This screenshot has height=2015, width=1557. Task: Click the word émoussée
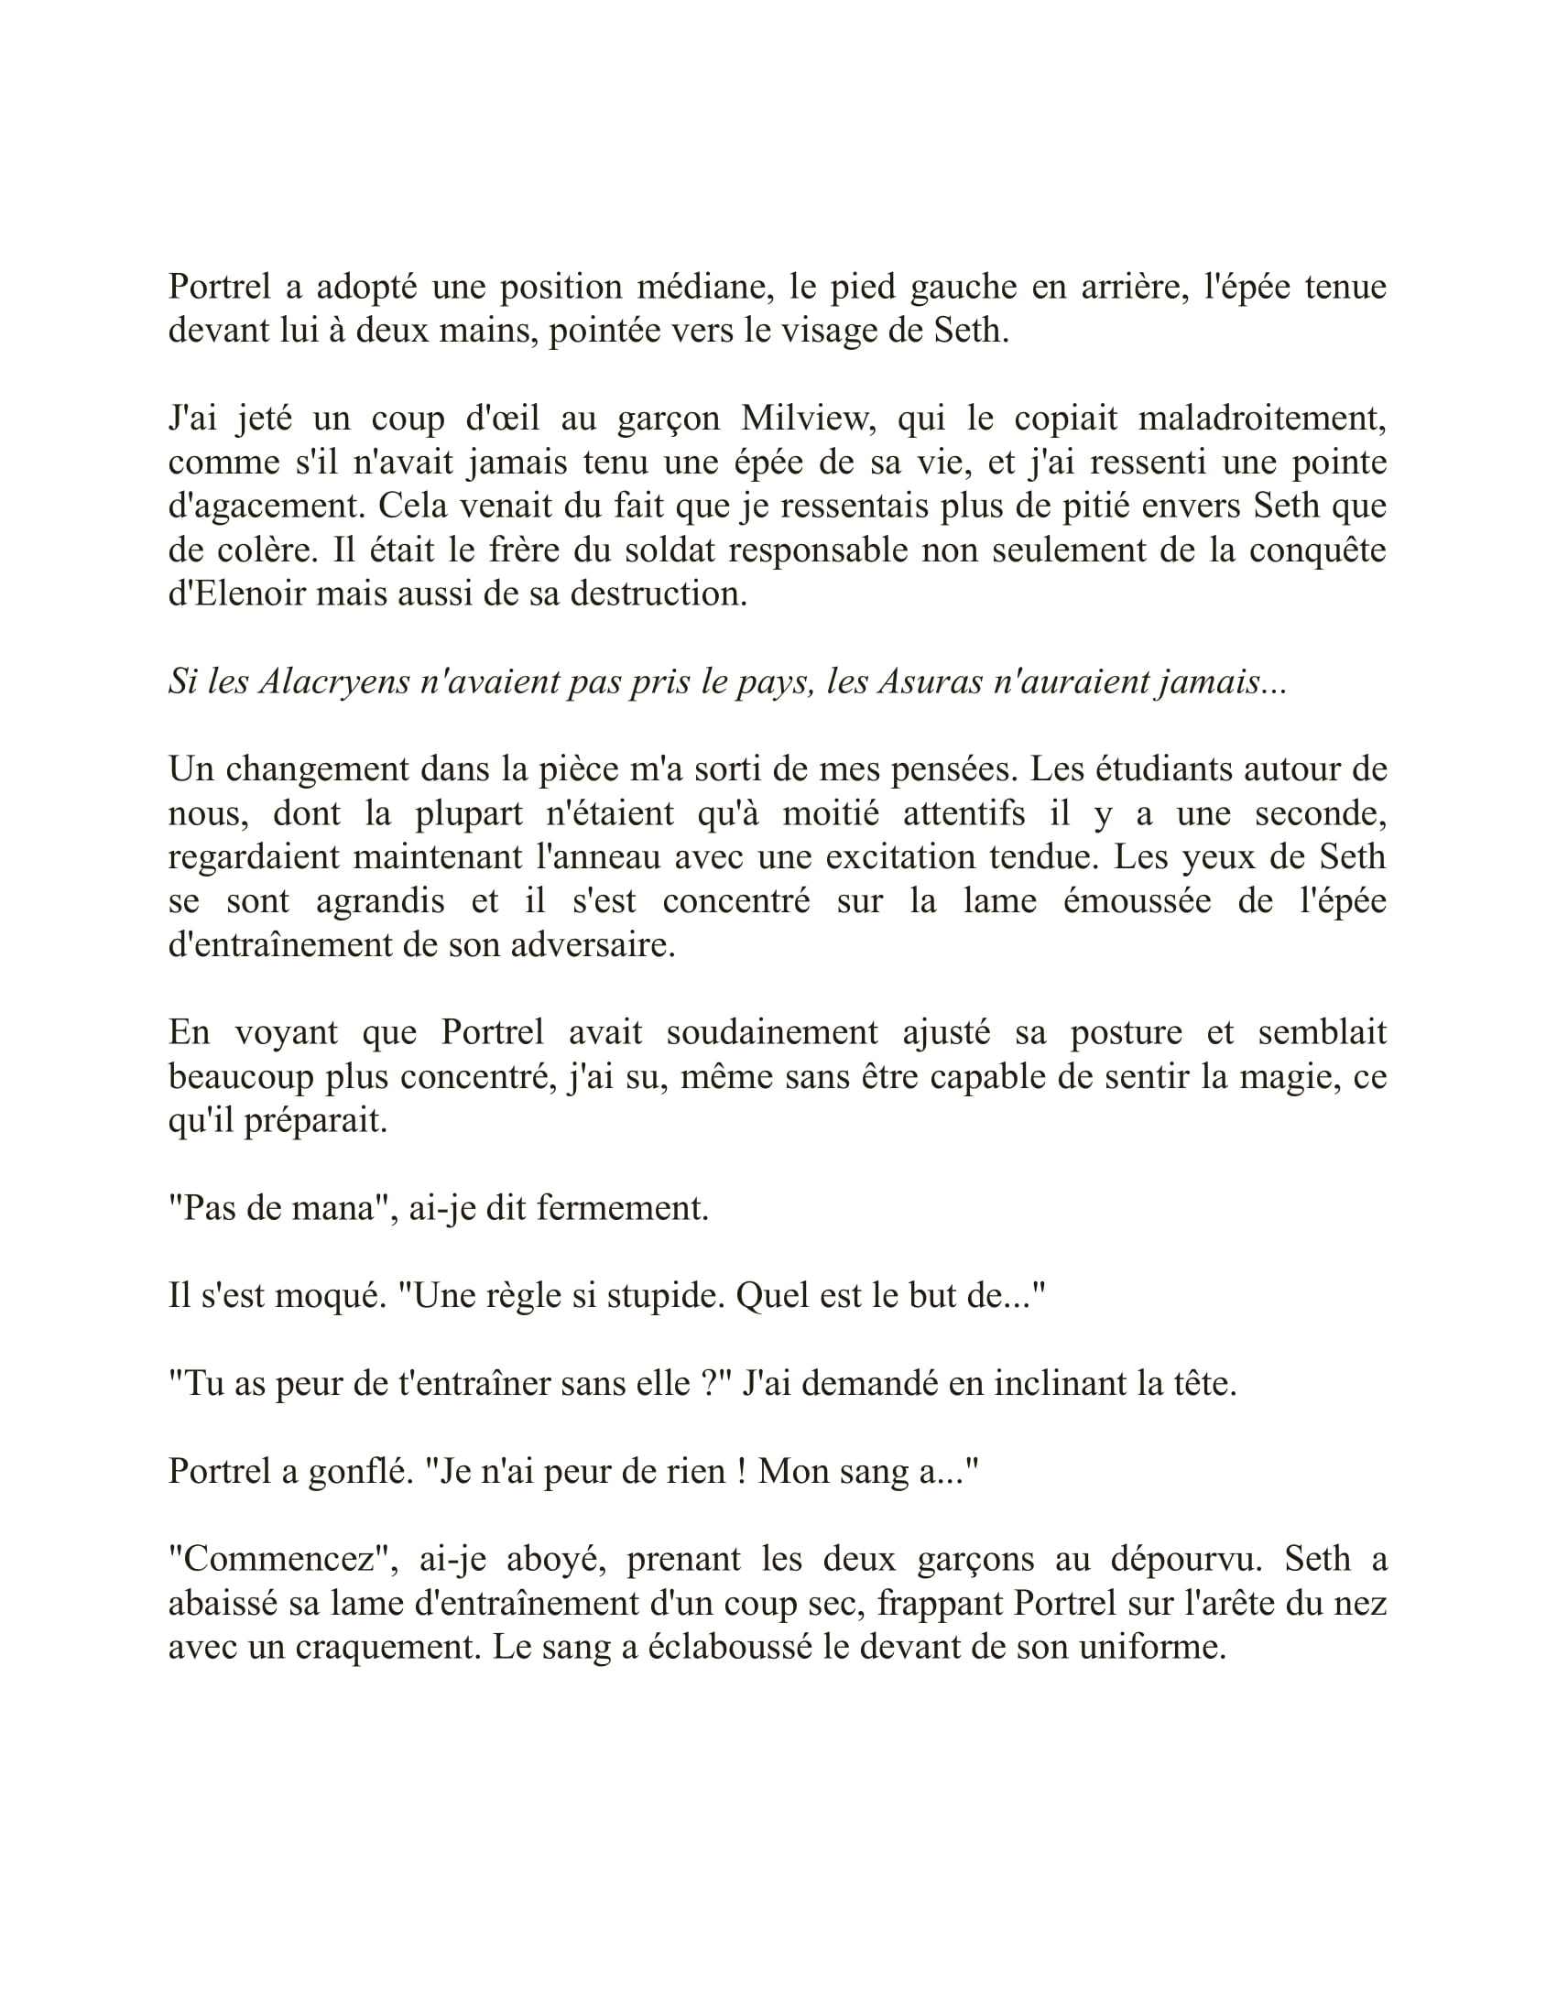coord(1137,900)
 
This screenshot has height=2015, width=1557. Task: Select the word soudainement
coord(772,1032)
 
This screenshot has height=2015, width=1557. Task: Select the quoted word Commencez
coord(285,1560)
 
